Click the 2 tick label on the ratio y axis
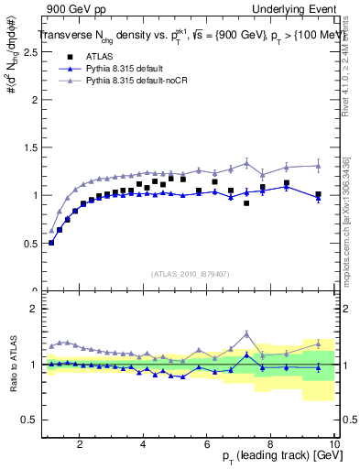[x=34, y=309]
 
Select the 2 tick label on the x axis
[x=80, y=443]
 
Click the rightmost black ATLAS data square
[x=318, y=194]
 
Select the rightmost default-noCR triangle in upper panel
[x=318, y=166]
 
